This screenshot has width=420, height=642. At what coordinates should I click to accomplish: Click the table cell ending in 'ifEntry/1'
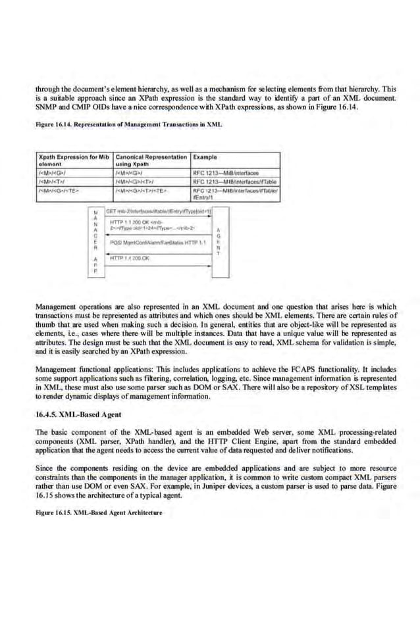pyautogui.click(x=235, y=193)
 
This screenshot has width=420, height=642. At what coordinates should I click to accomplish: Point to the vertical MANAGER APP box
pyautogui.click(x=96, y=243)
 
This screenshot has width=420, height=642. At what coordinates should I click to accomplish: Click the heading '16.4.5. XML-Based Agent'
pyautogui.click(x=72, y=416)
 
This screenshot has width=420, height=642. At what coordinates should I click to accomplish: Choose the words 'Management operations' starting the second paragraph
pyautogui.click(x=70, y=307)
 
